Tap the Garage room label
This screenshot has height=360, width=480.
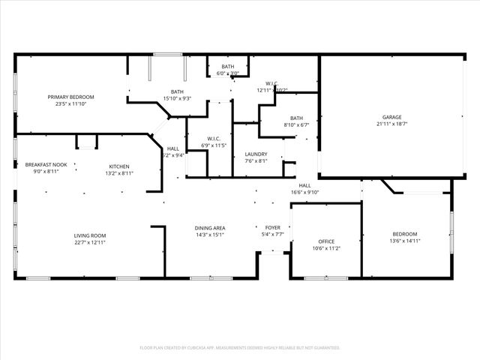point(392,118)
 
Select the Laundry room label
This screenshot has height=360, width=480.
point(256,154)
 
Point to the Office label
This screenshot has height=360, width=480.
point(326,241)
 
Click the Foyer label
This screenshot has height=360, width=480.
point(274,227)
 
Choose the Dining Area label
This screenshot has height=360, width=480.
point(210,228)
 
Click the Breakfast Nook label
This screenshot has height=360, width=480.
point(46,164)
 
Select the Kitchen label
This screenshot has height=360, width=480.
point(119,166)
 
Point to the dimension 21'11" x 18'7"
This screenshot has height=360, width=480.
point(392,124)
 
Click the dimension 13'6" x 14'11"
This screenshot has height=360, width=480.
point(405,241)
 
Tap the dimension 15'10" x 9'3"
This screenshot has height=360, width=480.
point(176,98)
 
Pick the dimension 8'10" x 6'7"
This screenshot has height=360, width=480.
point(297,124)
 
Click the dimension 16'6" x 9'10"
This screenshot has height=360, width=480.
point(305,192)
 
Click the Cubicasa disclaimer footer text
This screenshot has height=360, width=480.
point(240,347)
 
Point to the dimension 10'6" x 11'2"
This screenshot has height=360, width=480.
point(326,248)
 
